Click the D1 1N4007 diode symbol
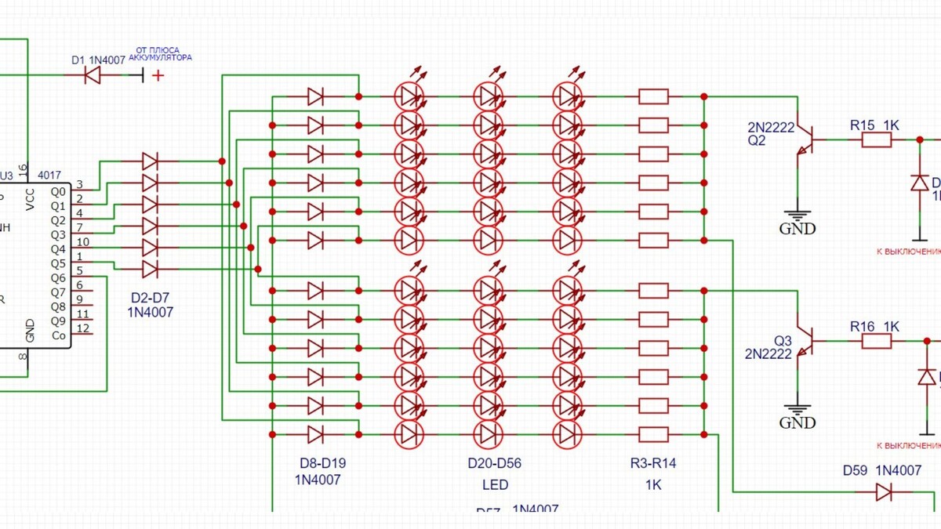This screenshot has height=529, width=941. pos(93,75)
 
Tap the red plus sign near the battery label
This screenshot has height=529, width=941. pos(159,75)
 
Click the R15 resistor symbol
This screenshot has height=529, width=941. pos(877,140)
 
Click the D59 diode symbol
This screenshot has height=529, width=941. pos(884,492)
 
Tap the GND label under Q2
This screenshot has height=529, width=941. pos(797,229)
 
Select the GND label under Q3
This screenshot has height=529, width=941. pos(797,423)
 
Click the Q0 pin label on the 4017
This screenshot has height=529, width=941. pos(59,191)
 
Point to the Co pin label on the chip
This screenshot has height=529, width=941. pos(59,335)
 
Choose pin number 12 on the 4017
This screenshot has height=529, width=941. pos(82,328)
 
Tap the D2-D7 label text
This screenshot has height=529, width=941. pos(150,299)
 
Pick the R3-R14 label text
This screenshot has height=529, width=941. pos(653,463)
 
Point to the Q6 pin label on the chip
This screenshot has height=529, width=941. pos(59,278)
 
